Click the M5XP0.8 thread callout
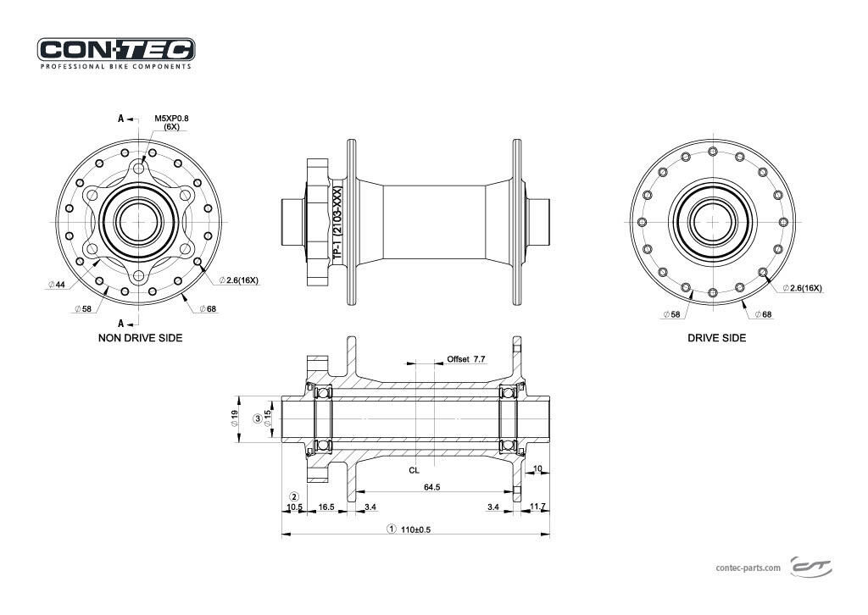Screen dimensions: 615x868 tap(171, 119)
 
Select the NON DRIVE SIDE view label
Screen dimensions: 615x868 tap(141, 338)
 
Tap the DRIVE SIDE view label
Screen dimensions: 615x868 tap(716, 338)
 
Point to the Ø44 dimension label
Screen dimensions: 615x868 tap(57, 285)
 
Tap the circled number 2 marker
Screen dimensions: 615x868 tap(294, 497)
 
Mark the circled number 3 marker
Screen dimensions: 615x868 tap(258, 418)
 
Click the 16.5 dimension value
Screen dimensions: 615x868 tap(326, 507)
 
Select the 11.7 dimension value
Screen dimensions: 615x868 tap(537, 507)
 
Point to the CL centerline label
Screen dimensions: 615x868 tap(414, 468)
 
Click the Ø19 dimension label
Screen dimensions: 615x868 tap(234, 418)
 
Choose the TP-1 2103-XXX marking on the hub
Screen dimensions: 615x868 tap(337, 222)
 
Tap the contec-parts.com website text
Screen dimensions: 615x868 tap(748, 568)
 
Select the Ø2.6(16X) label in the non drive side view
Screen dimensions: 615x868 tap(239, 279)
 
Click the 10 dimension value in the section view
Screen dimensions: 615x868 tap(537, 468)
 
